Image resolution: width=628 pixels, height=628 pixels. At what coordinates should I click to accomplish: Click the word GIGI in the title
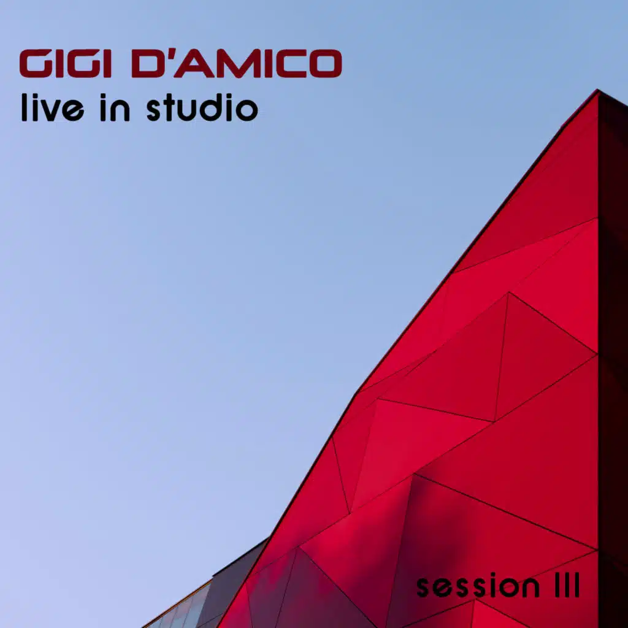click(x=65, y=63)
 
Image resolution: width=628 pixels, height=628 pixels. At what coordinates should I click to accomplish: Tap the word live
click(x=53, y=107)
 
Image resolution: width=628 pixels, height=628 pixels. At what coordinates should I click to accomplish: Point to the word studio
click(x=202, y=107)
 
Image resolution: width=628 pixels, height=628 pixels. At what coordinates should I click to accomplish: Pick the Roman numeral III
click(x=567, y=585)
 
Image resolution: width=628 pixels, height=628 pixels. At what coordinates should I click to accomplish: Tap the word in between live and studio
click(x=115, y=107)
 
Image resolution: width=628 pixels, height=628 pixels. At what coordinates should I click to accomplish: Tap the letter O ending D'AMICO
click(x=326, y=63)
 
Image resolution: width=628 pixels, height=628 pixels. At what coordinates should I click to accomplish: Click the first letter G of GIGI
click(x=36, y=63)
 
